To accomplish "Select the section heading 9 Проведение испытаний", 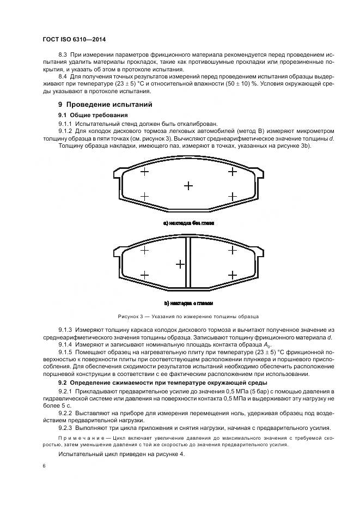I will [x=105, y=104].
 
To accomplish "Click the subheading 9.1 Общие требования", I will [x=93, y=116].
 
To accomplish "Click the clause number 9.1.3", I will [x=66, y=330].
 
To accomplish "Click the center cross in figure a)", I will [x=188, y=186].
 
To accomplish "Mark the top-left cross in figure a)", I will [x=144, y=172].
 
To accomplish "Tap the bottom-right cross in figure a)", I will [x=233, y=196].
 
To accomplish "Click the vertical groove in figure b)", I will [x=188, y=263].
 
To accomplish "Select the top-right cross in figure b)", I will [x=233, y=250].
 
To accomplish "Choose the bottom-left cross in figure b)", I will [x=144, y=275].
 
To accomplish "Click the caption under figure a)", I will [x=188, y=223].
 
